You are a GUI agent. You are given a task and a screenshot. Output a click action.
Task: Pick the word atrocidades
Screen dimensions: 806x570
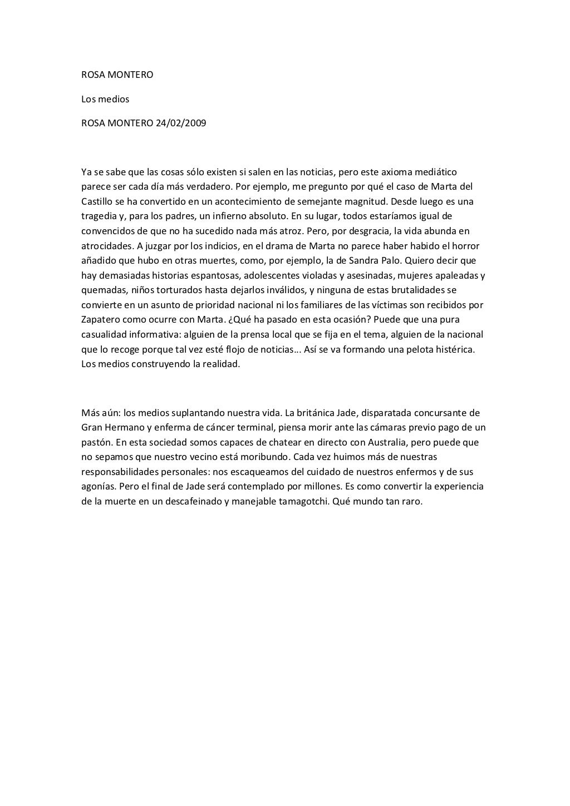pos(106,245)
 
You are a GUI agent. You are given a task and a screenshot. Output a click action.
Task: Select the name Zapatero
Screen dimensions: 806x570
pos(101,320)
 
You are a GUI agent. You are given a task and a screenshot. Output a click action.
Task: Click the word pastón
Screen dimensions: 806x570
pos(95,443)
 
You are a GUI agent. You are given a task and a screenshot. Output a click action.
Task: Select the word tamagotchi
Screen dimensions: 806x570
pos(304,501)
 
